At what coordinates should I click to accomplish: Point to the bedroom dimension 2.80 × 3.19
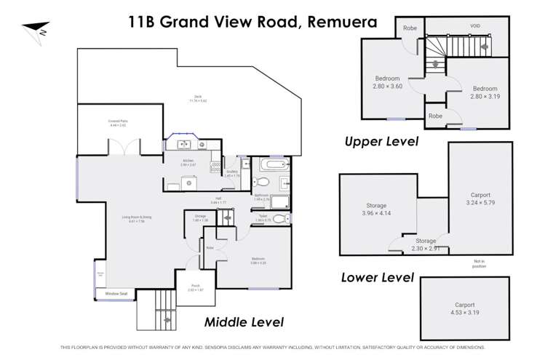tap(485, 96)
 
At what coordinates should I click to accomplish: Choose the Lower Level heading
tap(378, 277)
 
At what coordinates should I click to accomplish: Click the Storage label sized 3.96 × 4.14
tap(376, 209)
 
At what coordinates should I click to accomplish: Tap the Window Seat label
tap(116, 293)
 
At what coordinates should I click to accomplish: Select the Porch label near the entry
tap(195, 287)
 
